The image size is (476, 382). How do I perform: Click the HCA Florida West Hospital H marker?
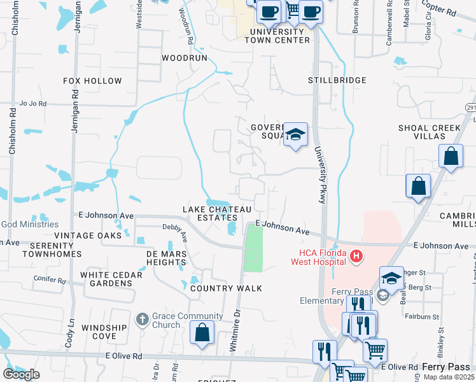(356, 257)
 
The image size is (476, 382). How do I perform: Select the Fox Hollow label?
(92, 81)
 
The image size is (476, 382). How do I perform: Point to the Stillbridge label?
(337, 80)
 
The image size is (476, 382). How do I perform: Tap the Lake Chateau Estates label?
(218, 213)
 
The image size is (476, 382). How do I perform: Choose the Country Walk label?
(226, 288)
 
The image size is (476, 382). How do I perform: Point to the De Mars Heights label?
(157, 258)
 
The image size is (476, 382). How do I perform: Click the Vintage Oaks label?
(87, 236)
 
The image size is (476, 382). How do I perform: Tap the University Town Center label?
(280, 36)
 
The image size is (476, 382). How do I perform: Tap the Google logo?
(21, 374)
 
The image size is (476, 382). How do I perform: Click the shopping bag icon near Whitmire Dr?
(202, 333)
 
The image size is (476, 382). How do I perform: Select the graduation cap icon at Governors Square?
(295, 134)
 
